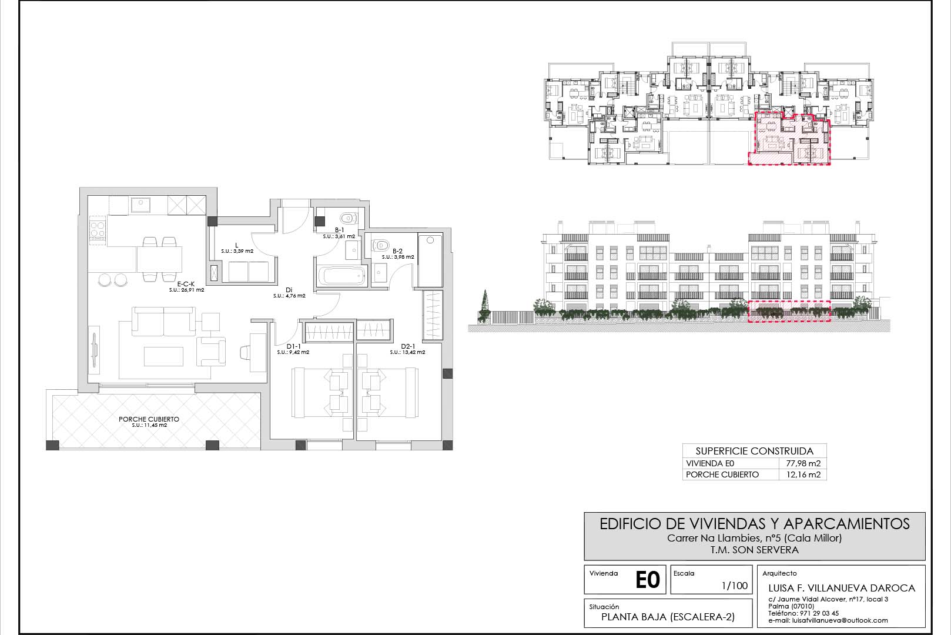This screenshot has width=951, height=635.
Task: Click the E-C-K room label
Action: pyautogui.click(x=186, y=284)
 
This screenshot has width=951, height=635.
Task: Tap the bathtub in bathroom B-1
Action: pyautogui.click(x=341, y=276)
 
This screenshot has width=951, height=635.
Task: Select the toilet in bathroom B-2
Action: pyautogui.click(x=381, y=245)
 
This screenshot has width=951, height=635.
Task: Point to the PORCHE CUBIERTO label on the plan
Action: pyautogui.click(x=149, y=419)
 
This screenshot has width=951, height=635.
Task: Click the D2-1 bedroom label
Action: pyautogui.click(x=408, y=346)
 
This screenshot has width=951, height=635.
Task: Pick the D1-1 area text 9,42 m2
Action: pyautogui.click(x=293, y=353)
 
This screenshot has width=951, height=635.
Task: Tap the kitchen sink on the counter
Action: pyautogui.click(x=140, y=205)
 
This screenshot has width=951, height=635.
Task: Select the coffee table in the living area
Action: pyautogui.click(x=163, y=356)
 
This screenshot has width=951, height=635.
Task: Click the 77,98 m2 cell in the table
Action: pyautogui.click(x=803, y=463)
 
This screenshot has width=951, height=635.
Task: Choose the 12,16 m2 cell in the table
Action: pyautogui.click(x=803, y=474)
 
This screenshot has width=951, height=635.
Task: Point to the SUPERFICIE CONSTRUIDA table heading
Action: pyautogui.click(x=755, y=451)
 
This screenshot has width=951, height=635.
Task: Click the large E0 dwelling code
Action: pyautogui.click(x=648, y=580)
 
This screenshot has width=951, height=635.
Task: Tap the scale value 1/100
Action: pyautogui.click(x=735, y=586)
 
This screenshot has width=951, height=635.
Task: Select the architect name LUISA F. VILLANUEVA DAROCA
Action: pyautogui.click(x=842, y=589)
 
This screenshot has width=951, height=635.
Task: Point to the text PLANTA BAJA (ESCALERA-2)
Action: pyautogui.click(x=668, y=617)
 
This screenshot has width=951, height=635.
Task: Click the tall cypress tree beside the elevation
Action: pyautogui.click(x=484, y=304)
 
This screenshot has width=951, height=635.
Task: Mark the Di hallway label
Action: pyautogui.click(x=289, y=290)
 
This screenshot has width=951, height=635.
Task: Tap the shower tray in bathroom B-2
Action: pyautogui.click(x=430, y=260)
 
